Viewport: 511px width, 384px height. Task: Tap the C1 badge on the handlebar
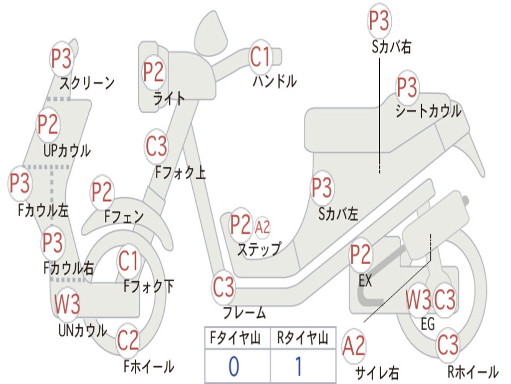pos(260,56)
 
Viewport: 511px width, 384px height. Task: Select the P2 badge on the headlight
pos(154,72)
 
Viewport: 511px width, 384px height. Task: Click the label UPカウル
pos(67,150)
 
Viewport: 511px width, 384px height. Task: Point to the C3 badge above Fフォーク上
pos(156,146)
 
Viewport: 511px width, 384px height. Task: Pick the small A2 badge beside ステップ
pos(262,226)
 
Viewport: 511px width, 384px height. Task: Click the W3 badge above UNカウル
pos(67,303)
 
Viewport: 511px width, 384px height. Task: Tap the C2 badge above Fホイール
pos(128,340)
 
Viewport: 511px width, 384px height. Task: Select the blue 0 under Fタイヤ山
pos(234,366)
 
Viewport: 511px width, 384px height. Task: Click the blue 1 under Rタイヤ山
pos(299,366)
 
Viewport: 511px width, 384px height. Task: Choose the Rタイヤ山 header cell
pos(303,337)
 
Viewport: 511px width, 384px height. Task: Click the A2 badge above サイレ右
pos(354,346)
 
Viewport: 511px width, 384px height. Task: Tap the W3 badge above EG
pos(419,299)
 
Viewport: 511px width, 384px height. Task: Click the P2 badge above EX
pos(360,254)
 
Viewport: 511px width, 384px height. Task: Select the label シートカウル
pos(428,111)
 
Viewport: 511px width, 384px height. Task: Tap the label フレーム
pos(245,312)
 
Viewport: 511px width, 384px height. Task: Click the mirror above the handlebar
pos(211,33)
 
